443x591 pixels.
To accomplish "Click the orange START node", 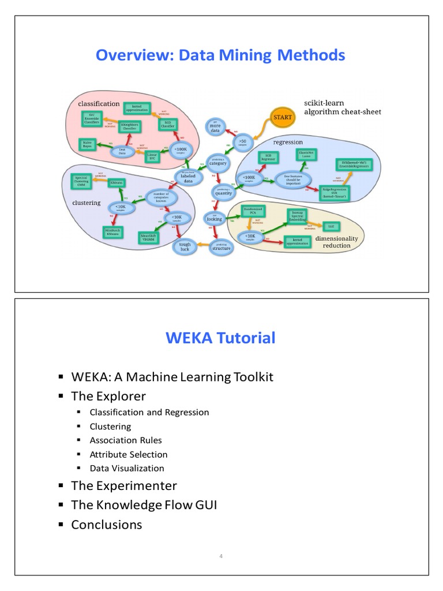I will (283, 117).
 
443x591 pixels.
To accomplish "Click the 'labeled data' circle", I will (188, 177).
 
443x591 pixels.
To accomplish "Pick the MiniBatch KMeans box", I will (113, 232).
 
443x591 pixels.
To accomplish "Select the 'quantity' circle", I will (223, 192).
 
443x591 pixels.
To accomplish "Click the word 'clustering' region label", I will (87, 203).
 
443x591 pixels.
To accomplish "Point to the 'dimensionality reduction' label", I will (340, 242).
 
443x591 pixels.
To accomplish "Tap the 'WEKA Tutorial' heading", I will (221, 338).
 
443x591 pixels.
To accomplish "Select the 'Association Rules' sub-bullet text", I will (126, 440).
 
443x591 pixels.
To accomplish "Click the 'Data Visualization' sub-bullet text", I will (127, 468).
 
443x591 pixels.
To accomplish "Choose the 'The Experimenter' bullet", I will (123, 485).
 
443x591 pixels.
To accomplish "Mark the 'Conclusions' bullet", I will (106, 525).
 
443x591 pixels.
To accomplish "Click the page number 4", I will (221, 556).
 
